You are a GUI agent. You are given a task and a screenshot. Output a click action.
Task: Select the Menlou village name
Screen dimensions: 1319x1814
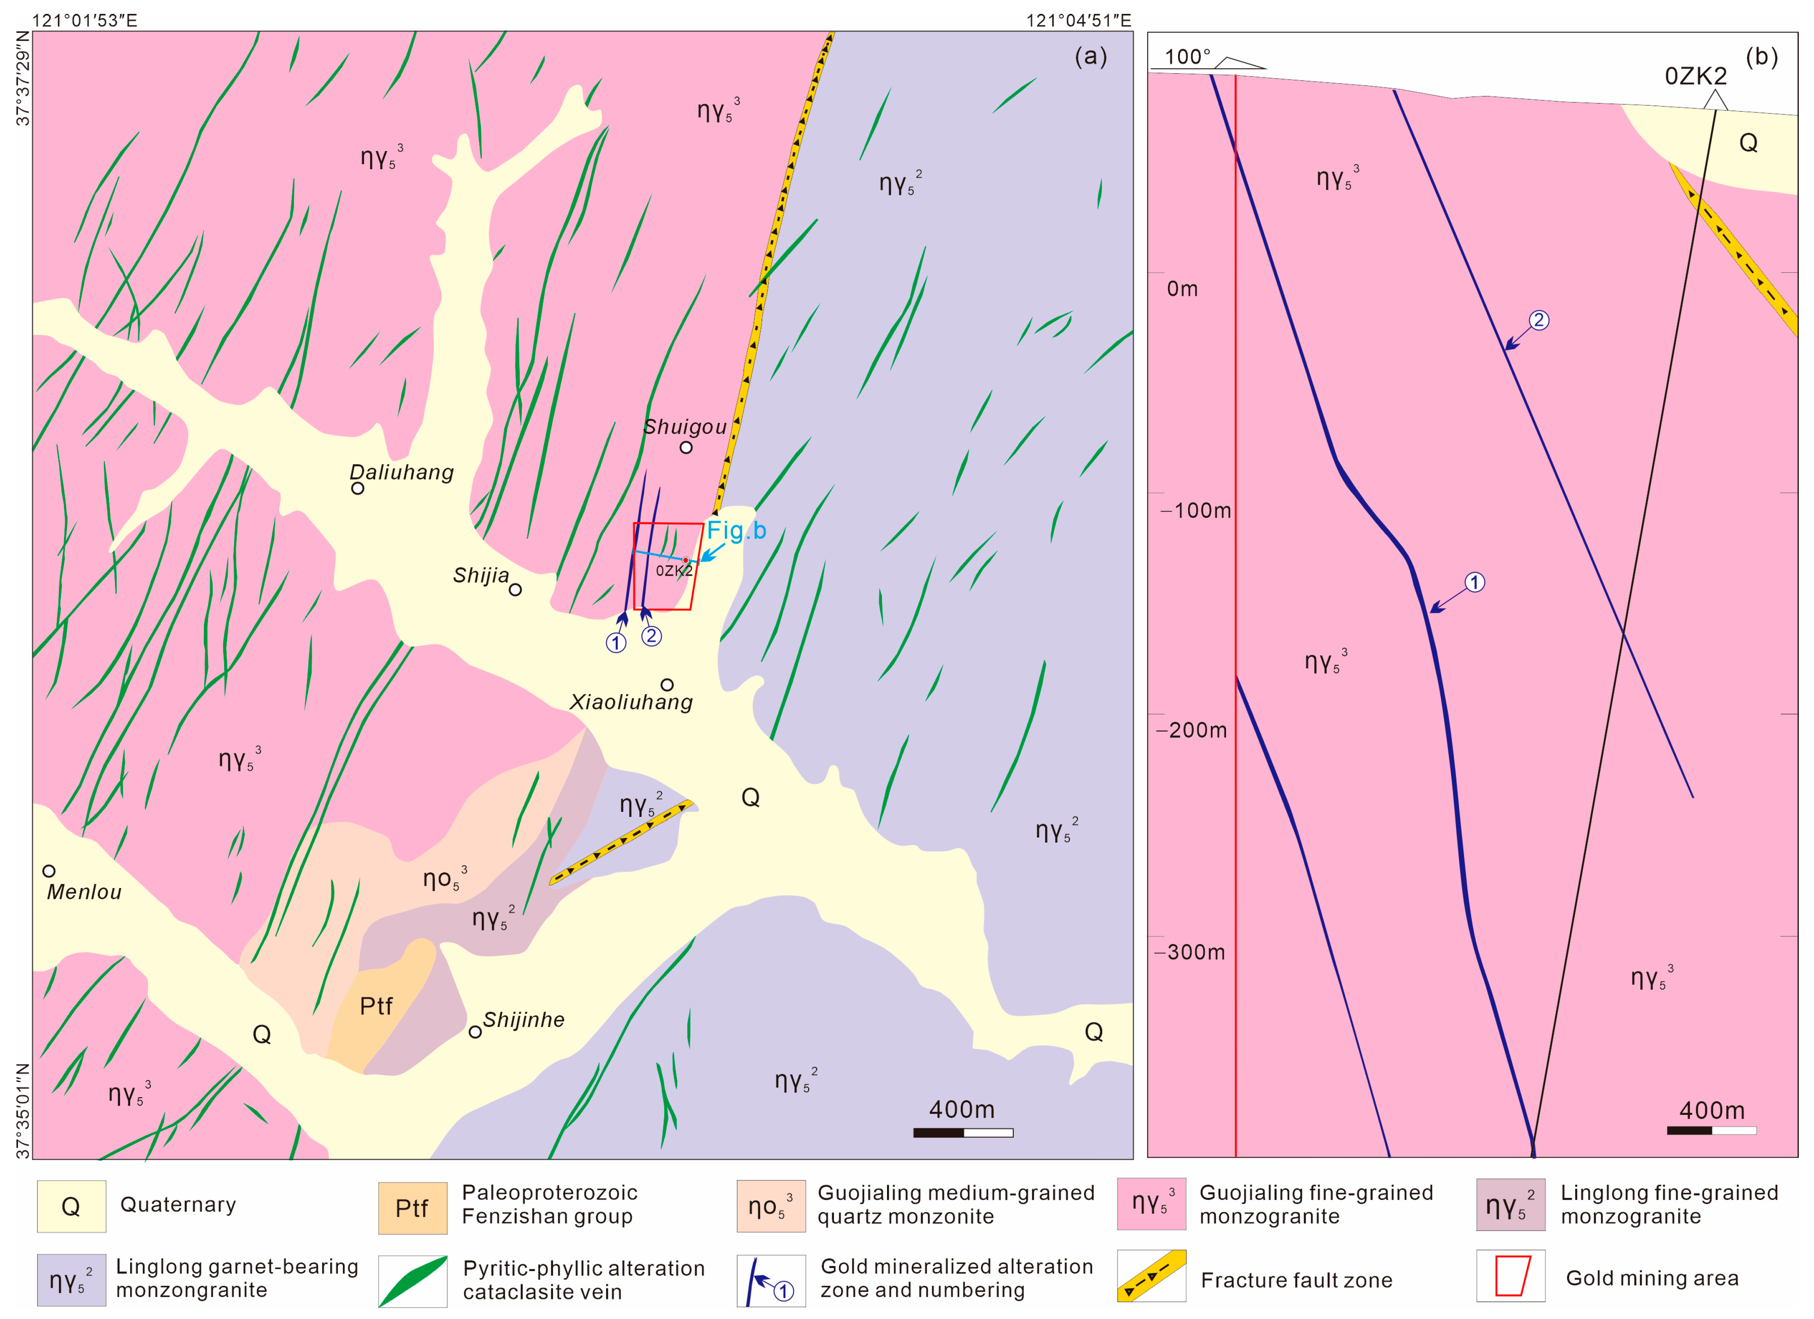84,892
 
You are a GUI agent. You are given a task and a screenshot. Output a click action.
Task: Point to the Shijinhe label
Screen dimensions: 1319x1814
524,1020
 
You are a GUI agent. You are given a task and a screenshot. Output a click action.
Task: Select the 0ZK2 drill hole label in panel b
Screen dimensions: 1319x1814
1696,77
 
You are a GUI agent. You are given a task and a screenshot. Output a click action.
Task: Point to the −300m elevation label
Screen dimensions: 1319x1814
1190,952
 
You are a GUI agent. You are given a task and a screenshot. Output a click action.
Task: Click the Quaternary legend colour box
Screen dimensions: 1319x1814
71,1206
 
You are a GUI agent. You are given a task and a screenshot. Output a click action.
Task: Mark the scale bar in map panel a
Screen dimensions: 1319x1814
963,1133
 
